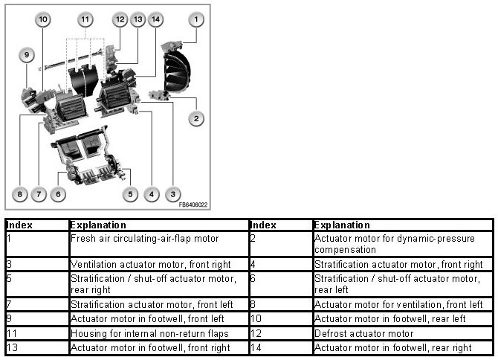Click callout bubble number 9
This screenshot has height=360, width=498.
coord(27,55)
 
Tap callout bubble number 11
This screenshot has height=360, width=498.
coord(85,19)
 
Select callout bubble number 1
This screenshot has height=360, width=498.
coord(196,19)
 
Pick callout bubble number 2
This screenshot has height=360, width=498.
coord(196,119)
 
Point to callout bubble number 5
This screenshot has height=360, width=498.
coord(130,194)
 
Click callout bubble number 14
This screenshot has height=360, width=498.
coord(155,19)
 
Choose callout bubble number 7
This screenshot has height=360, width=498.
coord(39,194)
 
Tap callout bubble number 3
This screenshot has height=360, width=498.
coord(172,194)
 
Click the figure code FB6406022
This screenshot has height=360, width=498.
coord(193,205)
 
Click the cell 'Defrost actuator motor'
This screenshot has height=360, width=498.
coord(403,333)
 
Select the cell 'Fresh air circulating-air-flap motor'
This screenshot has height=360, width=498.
coord(159,244)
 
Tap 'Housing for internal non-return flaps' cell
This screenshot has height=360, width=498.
coord(159,333)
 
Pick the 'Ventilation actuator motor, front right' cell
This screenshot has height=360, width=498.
coord(159,264)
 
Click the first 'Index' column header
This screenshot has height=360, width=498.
coord(19,225)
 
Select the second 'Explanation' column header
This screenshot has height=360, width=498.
coord(342,225)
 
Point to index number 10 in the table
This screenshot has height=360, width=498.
coord(256,318)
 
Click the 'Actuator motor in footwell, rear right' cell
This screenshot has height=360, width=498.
coord(403,347)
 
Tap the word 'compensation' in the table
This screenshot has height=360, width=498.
coord(345,250)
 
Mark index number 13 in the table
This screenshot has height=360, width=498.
coord(12,347)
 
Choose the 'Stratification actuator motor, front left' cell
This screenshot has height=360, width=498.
coord(159,304)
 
